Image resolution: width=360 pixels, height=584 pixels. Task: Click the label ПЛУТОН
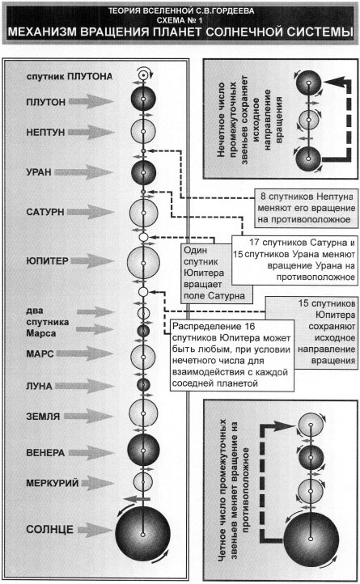(x=46, y=102)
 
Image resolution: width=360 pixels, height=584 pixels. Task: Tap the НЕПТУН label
(x=45, y=132)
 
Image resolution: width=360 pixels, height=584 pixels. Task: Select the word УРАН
(x=39, y=172)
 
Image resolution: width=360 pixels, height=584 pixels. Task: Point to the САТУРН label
(x=45, y=212)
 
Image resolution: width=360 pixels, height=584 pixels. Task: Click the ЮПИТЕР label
(x=48, y=260)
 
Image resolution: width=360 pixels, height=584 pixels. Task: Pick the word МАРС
(x=40, y=353)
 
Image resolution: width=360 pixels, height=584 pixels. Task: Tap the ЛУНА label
(x=39, y=386)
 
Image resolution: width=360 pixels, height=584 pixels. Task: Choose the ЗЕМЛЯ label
(x=43, y=417)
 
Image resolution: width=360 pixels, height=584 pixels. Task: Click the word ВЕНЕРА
(x=45, y=453)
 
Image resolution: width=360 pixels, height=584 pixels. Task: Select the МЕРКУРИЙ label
(x=52, y=484)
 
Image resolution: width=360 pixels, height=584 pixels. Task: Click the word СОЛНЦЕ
(x=49, y=530)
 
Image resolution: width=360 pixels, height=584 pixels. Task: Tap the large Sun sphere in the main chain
(x=142, y=534)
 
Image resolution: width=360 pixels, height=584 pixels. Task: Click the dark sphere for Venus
(x=143, y=450)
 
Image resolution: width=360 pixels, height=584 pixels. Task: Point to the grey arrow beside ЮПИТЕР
(x=91, y=260)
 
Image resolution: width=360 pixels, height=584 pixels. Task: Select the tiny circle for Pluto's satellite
(x=142, y=75)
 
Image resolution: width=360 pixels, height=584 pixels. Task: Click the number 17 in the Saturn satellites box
(x=254, y=243)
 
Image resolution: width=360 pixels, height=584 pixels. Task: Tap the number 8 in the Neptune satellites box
(x=263, y=197)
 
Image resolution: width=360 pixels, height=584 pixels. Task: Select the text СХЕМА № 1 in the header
(x=180, y=19)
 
